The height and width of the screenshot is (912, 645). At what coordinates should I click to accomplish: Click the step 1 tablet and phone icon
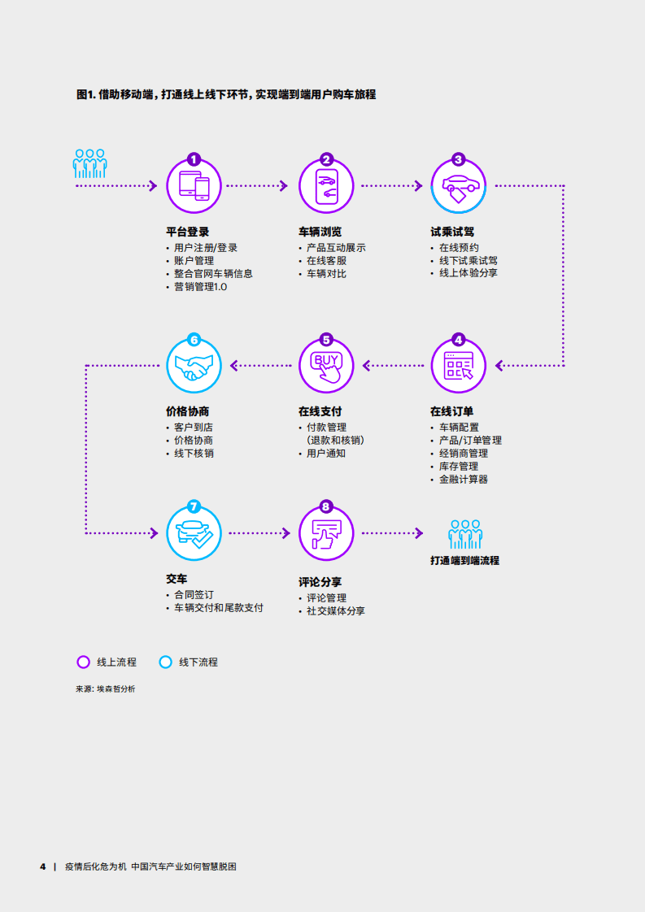point(194,186)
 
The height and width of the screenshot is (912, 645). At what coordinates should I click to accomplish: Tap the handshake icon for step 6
point(194,366)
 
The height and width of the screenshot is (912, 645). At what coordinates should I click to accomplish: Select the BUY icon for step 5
point(326,366)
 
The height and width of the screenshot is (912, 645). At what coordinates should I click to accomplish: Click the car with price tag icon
point(458,188)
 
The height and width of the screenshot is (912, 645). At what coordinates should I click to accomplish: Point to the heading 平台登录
point(187,232)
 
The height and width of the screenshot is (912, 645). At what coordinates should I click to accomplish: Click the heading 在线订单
point(451,411)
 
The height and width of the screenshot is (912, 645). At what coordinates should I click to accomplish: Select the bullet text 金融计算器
point(464,480)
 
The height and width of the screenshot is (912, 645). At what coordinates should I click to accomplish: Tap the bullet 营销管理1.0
point(201,287)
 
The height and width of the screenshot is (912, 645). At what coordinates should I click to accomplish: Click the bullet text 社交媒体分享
point(336,611)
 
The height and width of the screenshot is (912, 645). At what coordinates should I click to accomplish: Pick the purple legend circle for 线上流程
point(83,662)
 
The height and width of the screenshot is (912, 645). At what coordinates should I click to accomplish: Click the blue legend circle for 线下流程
point(165,662)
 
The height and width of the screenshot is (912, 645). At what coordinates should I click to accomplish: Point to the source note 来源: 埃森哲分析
point(106,688)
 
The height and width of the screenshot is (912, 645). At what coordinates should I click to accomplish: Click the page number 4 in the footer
point(42,866)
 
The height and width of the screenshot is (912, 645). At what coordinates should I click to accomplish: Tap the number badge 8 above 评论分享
point(326,506)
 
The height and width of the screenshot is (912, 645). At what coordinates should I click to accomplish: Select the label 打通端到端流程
point(464,561)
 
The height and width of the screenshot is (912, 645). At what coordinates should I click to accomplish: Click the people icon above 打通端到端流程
point(465,534)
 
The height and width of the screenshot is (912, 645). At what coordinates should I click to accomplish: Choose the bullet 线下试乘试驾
point(468,261)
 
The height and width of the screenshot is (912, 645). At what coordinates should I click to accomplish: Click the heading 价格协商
point(187,411)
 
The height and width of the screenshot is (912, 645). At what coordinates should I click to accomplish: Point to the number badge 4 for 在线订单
point(458,340)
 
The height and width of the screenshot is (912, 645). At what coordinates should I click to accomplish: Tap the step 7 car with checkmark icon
point(194,534)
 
